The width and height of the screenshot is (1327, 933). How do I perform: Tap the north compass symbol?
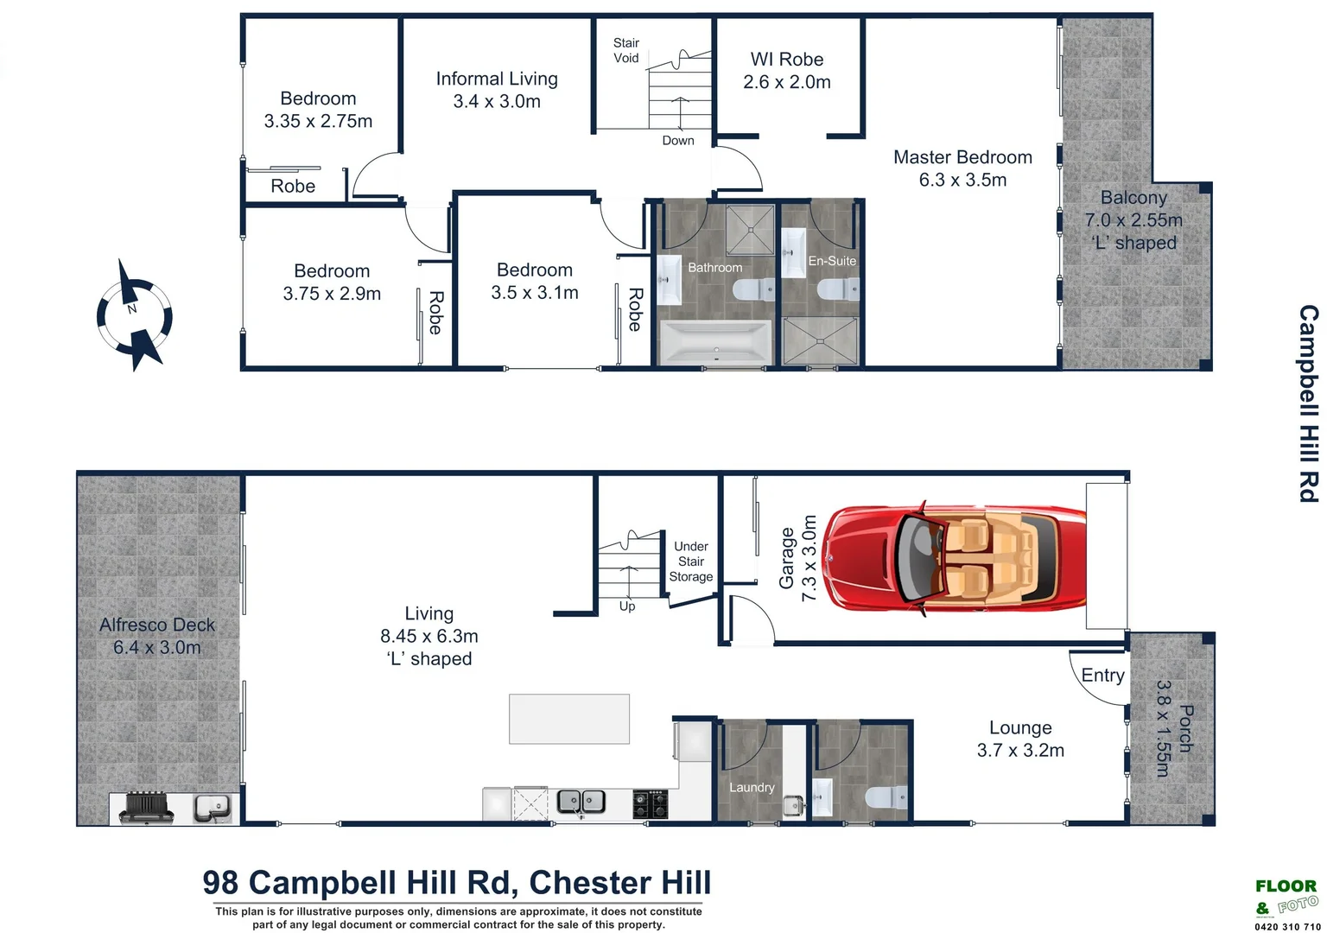coord(133,316)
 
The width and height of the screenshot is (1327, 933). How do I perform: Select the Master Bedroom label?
coord(962,168)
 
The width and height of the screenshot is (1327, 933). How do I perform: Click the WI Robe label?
coord(786,71)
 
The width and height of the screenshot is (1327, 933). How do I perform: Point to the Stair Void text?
coord(626,50)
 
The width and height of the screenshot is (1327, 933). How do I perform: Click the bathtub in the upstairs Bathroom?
coord(714,343)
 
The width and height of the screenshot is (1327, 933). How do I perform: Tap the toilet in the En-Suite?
coord(838,289)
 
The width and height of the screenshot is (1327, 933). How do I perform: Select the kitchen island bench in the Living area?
coord(569,719)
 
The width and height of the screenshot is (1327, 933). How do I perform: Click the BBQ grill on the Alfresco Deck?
coord(146,807)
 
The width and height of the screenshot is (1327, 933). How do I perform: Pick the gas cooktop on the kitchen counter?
coord(651,803)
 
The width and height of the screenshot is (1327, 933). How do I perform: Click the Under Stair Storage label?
coord(690,562)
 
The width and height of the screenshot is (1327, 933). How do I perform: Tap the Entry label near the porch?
coord(1102,676)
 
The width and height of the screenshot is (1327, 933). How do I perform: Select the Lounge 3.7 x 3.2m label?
coord(1020,739)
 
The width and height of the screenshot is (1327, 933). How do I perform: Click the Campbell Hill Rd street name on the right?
coord(1309,403)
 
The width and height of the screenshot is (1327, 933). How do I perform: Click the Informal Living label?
coord(497,90)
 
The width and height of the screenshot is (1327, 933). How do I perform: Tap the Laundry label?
coord(752,787)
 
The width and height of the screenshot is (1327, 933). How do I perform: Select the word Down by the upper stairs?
coord(678,141)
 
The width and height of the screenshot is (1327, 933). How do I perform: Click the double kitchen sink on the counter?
coord(581,802)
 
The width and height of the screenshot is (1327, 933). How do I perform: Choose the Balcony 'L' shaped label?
coord(1133,220)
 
